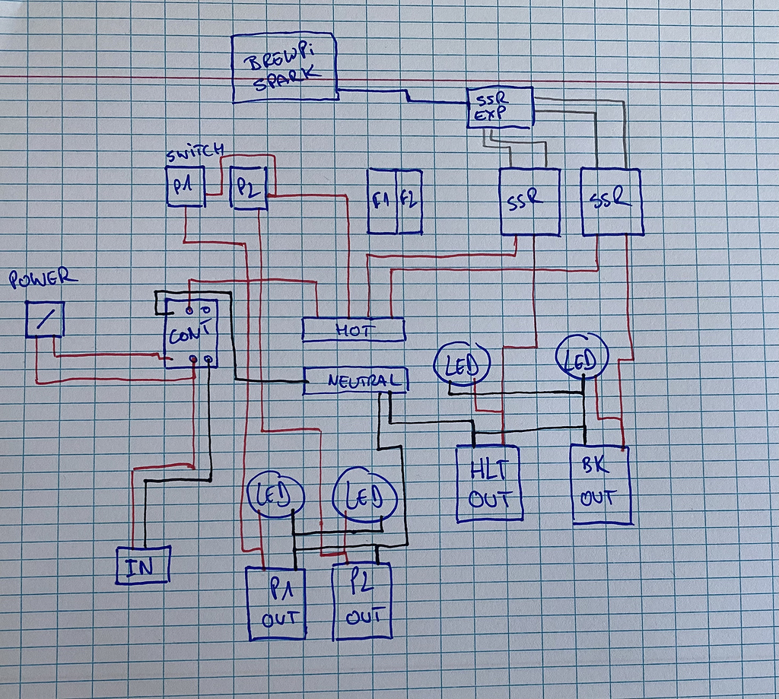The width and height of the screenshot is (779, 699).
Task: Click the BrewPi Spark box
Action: tap(285, 68)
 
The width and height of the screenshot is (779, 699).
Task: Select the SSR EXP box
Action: tap(499, 107)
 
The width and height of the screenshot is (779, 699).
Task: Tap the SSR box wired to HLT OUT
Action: tap(529, 202)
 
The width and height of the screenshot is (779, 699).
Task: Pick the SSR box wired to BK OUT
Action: tap(612, 201)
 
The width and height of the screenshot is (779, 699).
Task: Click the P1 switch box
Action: tap(185, 187)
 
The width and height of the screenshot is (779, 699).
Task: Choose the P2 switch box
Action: tap(247, 187)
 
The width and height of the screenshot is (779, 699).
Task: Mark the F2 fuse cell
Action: tap(409, 202)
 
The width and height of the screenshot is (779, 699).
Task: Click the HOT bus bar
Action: tap(353, 329)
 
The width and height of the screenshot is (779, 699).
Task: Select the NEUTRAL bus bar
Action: tap(355, 380)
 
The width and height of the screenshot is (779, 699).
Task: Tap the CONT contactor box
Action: tap(191, 334)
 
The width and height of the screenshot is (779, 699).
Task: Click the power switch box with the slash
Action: tap(45, 319)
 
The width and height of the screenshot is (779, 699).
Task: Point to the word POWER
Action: tap(43, 279)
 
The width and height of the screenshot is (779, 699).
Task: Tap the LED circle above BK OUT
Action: tap(583, 356)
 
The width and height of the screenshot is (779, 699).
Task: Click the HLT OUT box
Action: tap(489, 483)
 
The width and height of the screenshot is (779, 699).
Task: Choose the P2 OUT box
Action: tap(362, 601)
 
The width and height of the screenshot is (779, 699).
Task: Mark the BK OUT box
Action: tap(602, 484)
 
